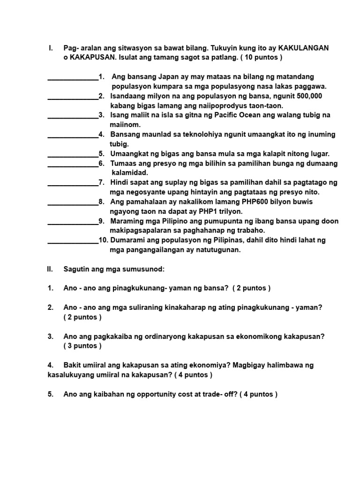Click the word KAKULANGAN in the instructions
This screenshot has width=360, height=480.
[303, 48]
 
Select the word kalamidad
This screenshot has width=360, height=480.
[130, 172]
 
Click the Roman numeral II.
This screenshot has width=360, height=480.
[50, 269]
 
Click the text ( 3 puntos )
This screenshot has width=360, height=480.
[82, 346]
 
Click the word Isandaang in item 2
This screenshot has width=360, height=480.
[128, 96]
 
